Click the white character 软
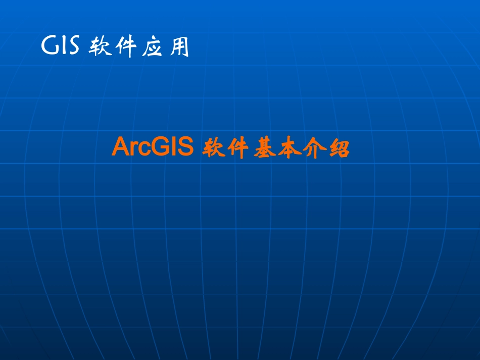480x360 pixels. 99,47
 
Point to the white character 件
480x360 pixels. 125,47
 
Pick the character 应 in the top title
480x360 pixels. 152,47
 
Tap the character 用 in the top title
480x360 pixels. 178,47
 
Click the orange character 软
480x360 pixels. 213,149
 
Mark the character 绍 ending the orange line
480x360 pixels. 340,149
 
